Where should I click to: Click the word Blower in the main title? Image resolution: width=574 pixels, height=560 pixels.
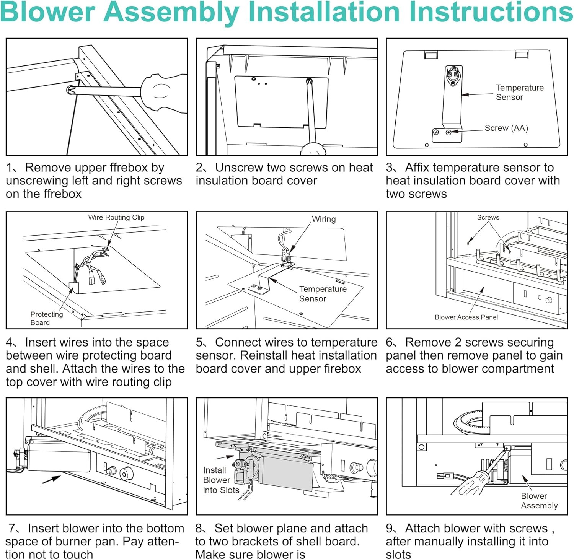pyautogui.click(x=47, y=12)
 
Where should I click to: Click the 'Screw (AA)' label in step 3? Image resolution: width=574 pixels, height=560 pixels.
pyautogui.click(x=506, y=128)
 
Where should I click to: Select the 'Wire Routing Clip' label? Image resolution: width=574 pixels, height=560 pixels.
pyautogui.click(x=116, y=217)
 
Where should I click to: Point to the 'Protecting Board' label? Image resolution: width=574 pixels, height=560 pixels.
pyautogui.click(x=46, y=318)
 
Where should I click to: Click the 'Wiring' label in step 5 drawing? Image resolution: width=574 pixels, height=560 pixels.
pyautogui.click(x=323, y=219)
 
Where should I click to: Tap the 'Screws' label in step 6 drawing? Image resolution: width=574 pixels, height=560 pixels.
pyautogui.click(x=488, y=217)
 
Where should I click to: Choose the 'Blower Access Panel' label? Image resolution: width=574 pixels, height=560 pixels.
pyautogui.click(x=466, y=317)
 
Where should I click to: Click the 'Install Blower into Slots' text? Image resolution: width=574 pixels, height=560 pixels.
pyautogui.click(x=221, y=480)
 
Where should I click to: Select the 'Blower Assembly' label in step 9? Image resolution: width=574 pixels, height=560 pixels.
pyautogui.click(x=539, y=501)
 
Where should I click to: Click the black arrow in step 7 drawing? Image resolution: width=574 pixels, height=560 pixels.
pyautogui.click(x=51, y=479)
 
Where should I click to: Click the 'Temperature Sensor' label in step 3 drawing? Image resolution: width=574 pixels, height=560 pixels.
pyautogui.click(x=519, y=92)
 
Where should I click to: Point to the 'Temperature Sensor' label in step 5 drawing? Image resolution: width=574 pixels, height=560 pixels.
pyautogui.click(x=322, y=294)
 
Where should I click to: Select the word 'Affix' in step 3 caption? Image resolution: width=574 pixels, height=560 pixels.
pyautogui.click(x=417, y=168)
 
